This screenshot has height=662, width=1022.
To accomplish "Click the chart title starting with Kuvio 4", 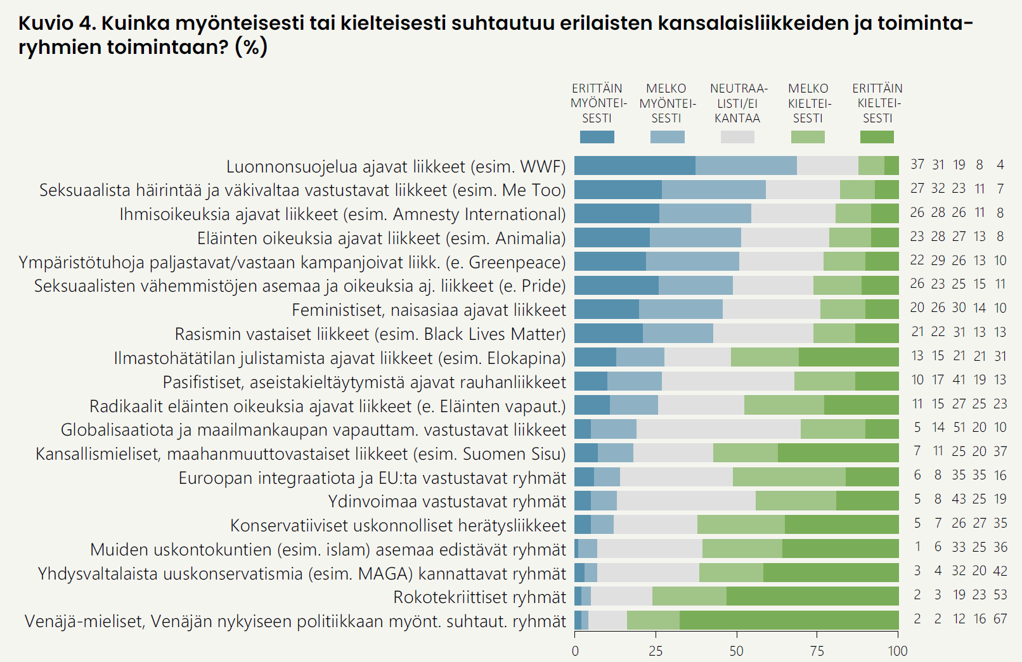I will tap(495, 35).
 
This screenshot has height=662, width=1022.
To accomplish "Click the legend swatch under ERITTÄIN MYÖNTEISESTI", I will tap(597, 137).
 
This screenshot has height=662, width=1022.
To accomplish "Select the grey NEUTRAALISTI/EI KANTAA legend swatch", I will tap(737, 137).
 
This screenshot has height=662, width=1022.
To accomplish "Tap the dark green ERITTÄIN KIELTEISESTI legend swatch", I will tap(877, 137).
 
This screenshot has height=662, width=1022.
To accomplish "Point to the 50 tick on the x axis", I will tap(736, 651).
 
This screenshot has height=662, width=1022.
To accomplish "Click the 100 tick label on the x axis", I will tap(897, 651).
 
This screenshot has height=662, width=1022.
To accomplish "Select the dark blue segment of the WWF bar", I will tap(635, 165).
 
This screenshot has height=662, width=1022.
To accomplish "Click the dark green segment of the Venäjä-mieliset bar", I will tap(789, 620).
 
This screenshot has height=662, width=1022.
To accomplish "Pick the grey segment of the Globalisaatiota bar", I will tap(718, 429).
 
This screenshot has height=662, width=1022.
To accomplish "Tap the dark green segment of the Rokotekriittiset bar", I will tap(812, 596).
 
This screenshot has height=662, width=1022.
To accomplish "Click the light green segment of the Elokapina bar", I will tap(765, 357).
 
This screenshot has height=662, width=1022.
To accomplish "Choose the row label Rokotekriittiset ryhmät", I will tap(479, 597).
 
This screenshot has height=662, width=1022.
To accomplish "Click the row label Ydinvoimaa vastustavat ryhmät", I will tap(447, 502).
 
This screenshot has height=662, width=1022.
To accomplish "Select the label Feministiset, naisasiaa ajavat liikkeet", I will tap(429, 310).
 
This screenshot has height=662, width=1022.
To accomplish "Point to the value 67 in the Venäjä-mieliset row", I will tap(1000, 619).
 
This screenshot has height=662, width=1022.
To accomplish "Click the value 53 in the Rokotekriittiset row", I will tap(1000, 595).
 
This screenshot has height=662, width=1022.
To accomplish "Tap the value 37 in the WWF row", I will tap(917, 165).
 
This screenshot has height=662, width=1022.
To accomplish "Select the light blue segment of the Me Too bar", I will tap(713, 190).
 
